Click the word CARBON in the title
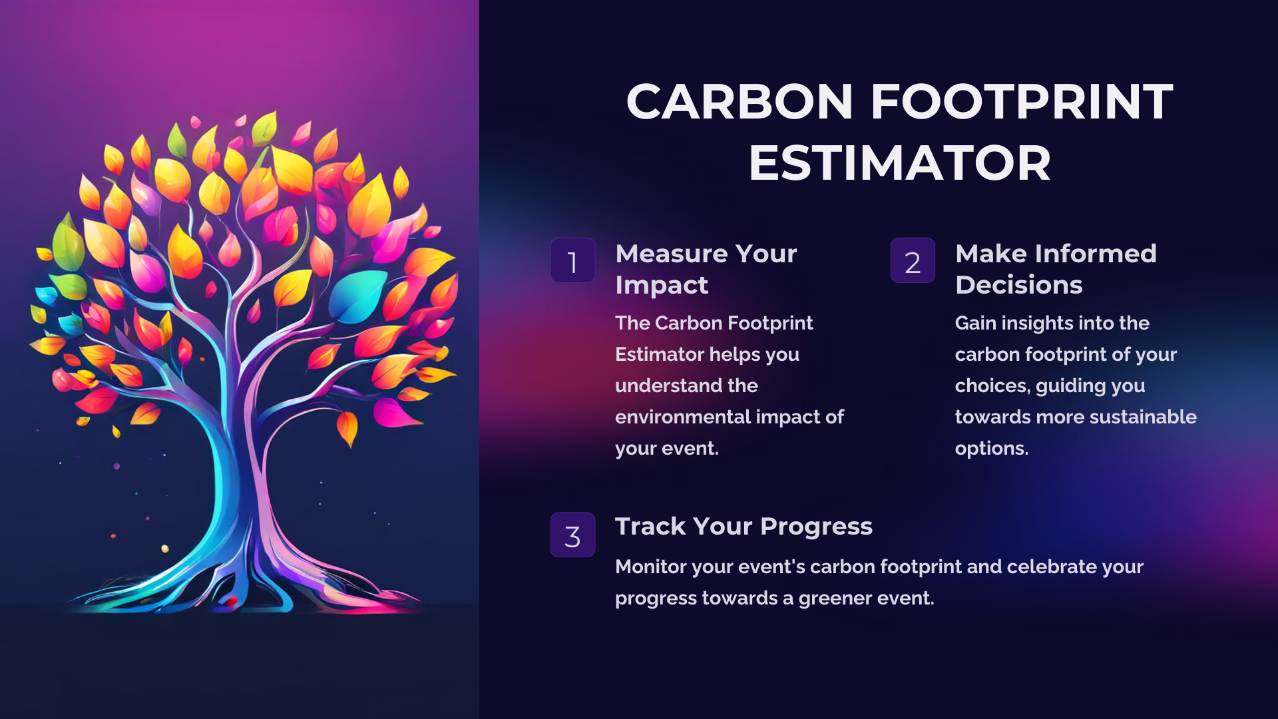740,102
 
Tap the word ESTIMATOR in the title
900,163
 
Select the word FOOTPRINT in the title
1022,102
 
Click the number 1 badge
572,260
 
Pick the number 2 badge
913,260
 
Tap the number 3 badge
572,535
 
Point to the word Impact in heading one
662,286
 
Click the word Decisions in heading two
1018,285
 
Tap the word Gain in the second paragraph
975,323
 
